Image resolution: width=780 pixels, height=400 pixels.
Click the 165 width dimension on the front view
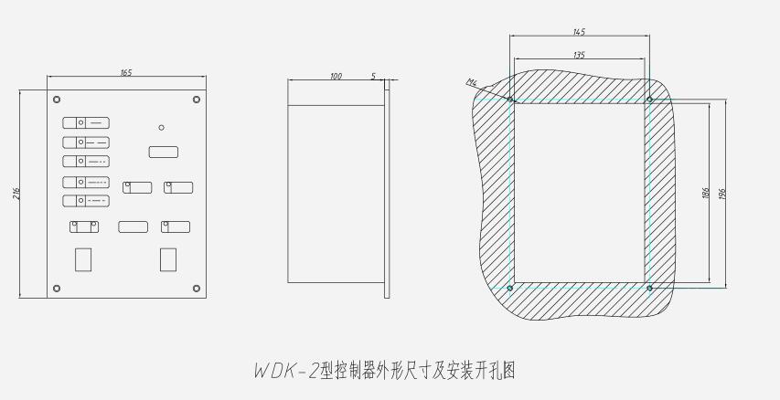(125, 72)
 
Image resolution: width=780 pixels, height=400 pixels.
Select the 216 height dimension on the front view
(17, 194)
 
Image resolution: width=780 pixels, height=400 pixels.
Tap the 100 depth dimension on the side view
(336, 77)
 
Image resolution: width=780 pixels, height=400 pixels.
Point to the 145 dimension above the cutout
(578, 32)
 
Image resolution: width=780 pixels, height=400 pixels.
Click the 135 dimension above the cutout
(578, 55)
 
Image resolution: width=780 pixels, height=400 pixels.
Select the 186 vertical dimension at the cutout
(706, 194)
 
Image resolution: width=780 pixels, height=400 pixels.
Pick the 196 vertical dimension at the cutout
(723, 194)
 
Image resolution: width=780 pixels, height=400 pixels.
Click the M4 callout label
(472, 83)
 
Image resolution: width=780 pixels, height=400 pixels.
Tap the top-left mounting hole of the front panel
(57, 99)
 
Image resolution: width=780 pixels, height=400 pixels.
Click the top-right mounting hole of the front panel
(196, 99)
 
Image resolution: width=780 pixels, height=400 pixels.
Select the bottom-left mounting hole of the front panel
(57, 289)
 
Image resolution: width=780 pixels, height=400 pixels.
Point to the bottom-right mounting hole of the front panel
(196, 289)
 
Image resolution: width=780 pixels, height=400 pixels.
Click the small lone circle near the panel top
(161, 128)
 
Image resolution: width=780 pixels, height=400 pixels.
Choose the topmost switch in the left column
(86, 121)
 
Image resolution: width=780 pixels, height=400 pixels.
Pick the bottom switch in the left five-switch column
(86, 201)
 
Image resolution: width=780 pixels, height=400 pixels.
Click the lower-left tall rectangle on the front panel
(83, 259)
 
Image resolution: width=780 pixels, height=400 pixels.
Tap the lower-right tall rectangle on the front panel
(168, 259)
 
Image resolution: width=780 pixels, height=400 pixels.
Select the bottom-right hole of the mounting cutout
(649, 288)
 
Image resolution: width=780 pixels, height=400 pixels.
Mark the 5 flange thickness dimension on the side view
(373, 77)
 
